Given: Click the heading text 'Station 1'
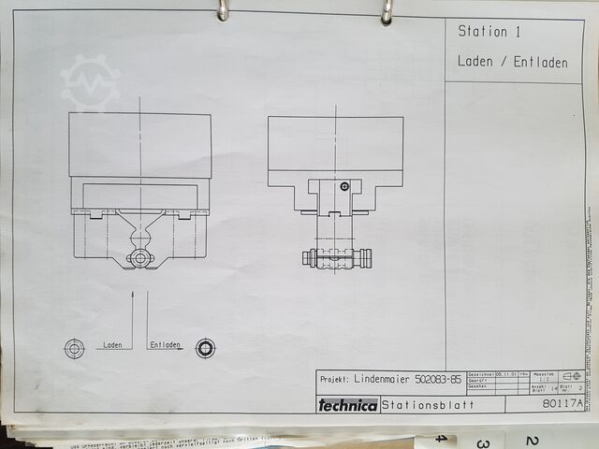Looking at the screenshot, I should tap(489, 32).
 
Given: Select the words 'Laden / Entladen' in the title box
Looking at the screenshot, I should tap(512, 63).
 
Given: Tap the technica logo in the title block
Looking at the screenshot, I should tap(347, 405).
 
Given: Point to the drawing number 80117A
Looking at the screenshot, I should tap(562, 404).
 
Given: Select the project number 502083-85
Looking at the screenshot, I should tap(442, 379).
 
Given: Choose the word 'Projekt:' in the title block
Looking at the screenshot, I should tap(335, 379).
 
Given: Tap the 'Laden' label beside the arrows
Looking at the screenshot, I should tap(112, 345).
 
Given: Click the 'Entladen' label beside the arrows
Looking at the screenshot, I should tap(166, 345).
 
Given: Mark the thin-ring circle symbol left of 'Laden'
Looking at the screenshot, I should tap(74, 349).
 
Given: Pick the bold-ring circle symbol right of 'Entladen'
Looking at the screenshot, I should tap(205, 349).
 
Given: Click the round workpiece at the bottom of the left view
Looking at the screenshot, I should tap(139, 256).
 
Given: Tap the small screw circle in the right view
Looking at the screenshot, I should tap(345, 187).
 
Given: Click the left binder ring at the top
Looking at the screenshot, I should tap(223, 10).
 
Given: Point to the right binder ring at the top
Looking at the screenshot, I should tap(387, 11).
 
